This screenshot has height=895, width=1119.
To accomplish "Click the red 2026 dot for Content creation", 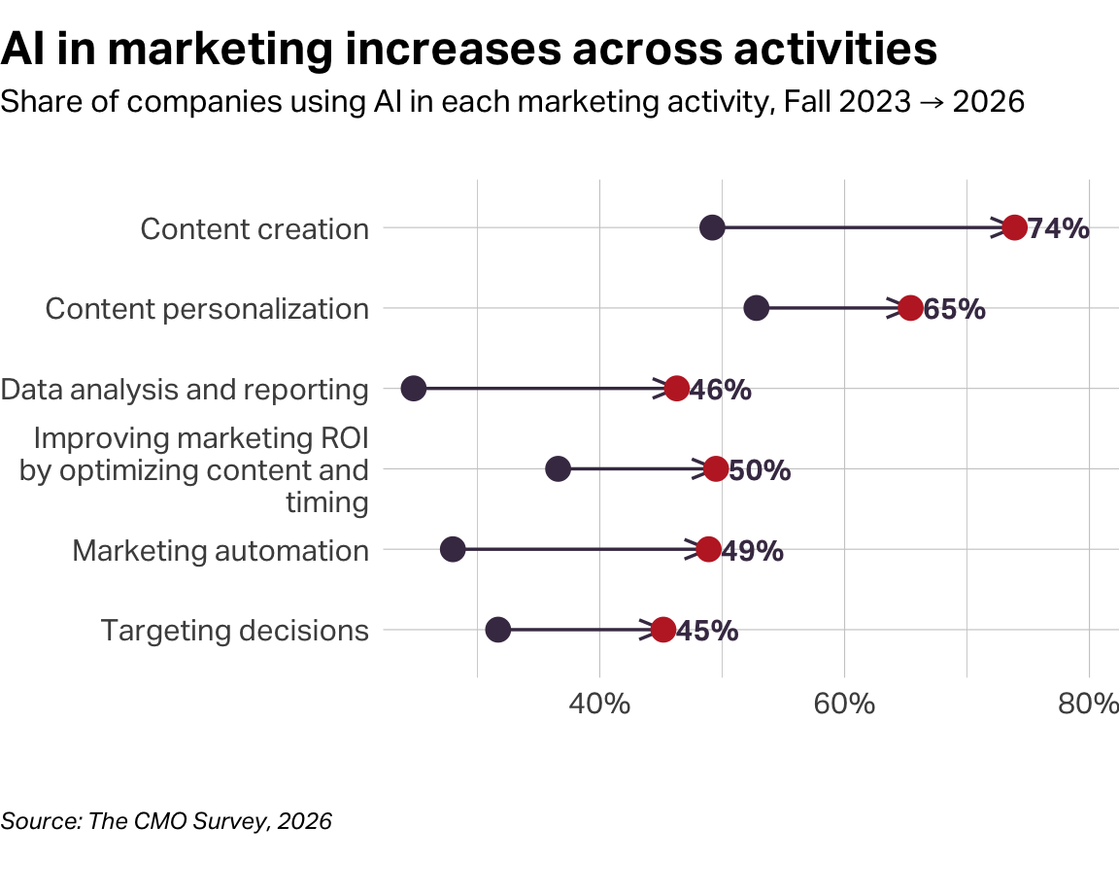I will pos(1014,227).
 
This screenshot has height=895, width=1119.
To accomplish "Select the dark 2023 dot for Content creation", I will pos(712,227).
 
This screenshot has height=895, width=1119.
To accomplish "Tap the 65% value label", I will pos(955,309).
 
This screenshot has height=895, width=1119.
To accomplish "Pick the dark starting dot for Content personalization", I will pos(756,308).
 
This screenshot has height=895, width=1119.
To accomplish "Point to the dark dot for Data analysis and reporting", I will pos(414,389).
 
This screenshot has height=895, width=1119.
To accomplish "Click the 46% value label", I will pos(721,390).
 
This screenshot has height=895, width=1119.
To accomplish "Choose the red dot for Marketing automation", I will pos(708,549).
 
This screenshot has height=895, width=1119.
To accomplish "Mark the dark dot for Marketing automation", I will pos(453,549).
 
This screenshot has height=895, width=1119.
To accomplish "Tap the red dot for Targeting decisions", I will pos(662,630).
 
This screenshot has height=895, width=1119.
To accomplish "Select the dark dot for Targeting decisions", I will pos(497,630).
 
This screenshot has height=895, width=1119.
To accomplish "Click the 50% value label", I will pos(760,470).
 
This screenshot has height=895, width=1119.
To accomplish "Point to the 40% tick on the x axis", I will pos(599,704).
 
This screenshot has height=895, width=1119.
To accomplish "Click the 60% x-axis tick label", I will pos(844,704).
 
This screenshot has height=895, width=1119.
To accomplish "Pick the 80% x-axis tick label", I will pos(1088,704).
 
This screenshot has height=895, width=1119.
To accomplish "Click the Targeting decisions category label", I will pos(235,631).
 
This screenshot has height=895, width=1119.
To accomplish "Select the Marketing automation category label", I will pos(220,551).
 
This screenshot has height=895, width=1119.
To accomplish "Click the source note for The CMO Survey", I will pos(166,821).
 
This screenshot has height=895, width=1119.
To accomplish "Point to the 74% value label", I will pos(1059,228).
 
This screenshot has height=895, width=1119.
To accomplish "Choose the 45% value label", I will pos(707,631).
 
